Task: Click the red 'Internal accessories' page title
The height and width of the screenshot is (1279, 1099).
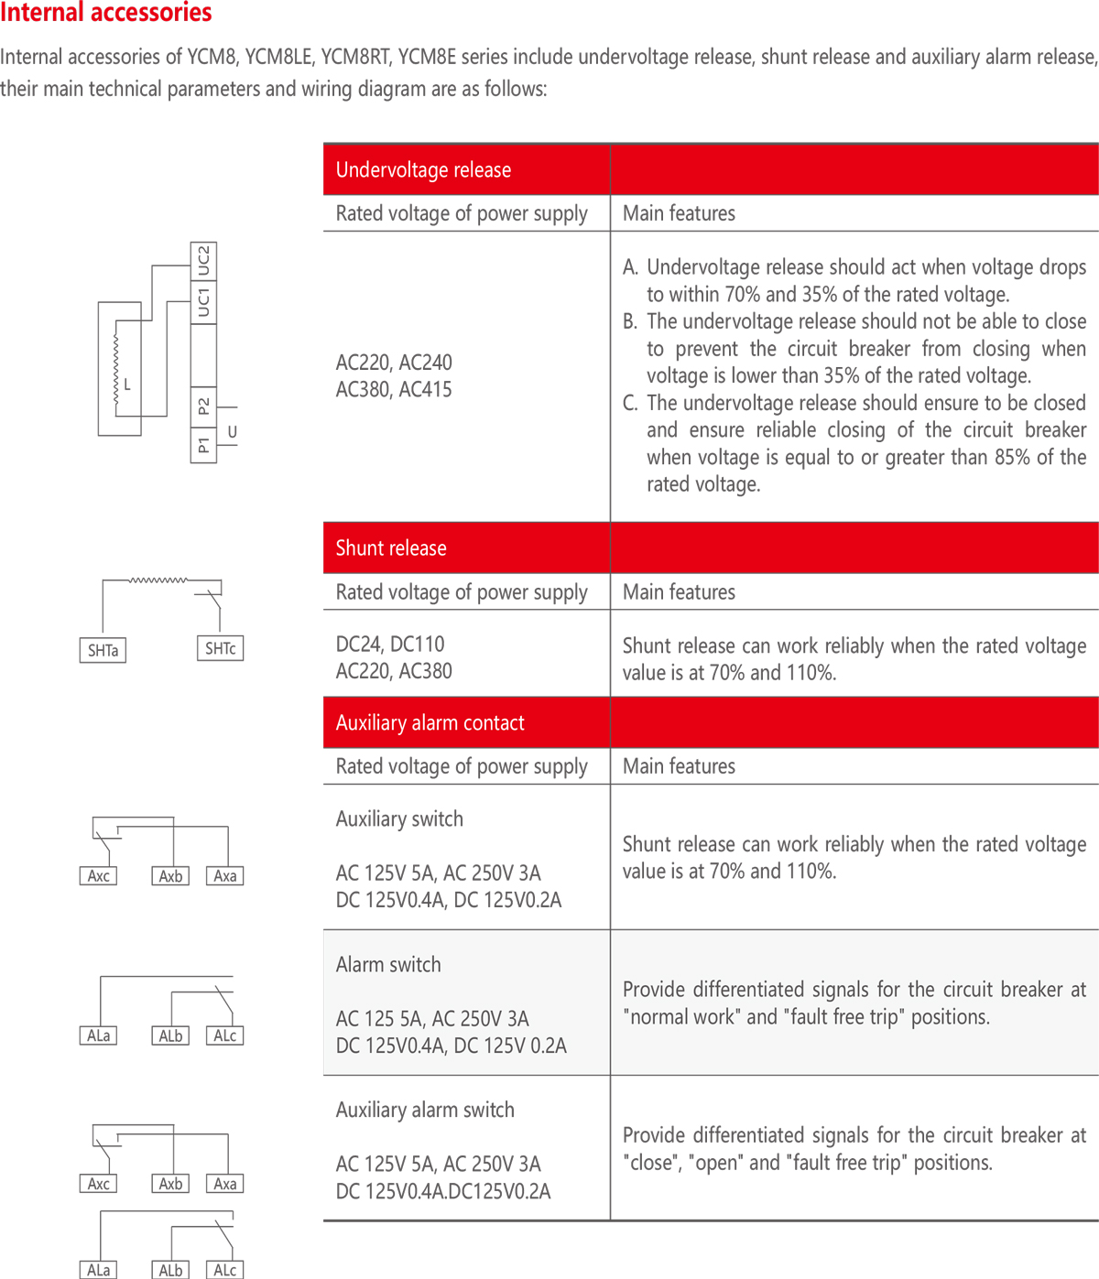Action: [106, 13]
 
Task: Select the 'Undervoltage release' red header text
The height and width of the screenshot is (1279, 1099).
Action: [423, 170]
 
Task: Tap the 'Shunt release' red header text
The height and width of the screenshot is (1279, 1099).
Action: [391, 548]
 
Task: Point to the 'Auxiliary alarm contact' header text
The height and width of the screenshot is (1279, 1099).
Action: [430, 723]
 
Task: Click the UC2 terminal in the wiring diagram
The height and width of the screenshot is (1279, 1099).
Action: [203, 261]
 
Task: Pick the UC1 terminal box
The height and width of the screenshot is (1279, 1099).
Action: [203, 302]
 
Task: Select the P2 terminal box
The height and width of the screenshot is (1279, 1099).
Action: [203, 406]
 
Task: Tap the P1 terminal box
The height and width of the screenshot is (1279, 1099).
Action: [203, 446]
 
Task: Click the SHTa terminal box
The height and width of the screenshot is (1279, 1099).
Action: [103, 651]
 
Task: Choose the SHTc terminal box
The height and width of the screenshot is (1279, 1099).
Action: [221, 649]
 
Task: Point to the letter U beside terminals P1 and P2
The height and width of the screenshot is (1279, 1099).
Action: [233, 431]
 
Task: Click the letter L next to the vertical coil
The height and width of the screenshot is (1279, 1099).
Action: [127, 385]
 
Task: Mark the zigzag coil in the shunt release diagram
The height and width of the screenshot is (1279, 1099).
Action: [158, 580]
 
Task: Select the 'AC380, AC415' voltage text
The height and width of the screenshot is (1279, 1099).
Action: [394, 390]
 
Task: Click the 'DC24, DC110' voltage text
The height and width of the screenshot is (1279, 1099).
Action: [390, 645]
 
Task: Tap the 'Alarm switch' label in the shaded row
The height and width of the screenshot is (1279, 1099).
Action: [388, 965]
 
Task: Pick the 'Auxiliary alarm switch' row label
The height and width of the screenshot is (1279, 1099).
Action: [425, 1111]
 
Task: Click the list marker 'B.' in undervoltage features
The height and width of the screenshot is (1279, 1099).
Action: [630, 322]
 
